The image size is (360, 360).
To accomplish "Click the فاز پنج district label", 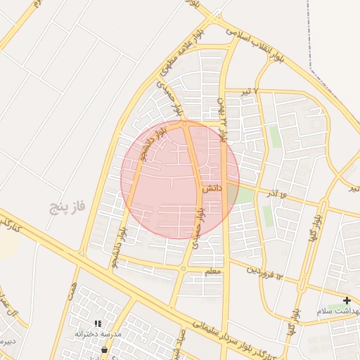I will [67, 207].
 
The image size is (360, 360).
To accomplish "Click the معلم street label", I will [214, 271].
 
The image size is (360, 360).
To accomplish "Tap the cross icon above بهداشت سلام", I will [347, 300].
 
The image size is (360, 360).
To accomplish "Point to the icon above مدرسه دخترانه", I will [98, 323].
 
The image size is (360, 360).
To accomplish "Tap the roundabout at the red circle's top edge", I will [185, 124].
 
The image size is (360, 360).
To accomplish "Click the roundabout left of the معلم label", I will [183, 269].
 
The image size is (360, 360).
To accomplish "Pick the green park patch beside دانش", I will [243, 194].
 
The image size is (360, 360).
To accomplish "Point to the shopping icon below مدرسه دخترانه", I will [104, 349].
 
